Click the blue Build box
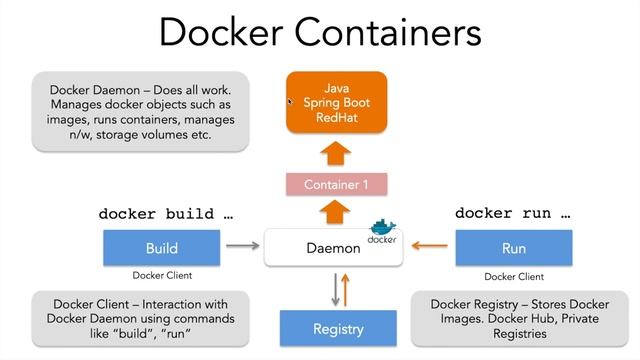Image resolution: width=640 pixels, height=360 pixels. (x=161, y=248)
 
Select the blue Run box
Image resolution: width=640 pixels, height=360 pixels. (x=514, y=248)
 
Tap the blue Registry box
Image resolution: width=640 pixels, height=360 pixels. (x=337, y=327)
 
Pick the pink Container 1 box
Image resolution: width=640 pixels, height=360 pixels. (x=337, y=184)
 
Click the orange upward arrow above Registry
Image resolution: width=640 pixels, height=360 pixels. (x=345, y=288)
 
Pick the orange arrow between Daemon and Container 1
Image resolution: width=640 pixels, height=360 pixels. (x=337, y=212)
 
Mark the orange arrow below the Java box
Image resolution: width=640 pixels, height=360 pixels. (x=337, y=153)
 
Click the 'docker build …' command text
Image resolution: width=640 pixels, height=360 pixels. (x=165, y=214)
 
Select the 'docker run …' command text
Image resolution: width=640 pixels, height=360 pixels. (x=512, y=213)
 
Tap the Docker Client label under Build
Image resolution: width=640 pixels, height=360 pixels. (x=162, y=276)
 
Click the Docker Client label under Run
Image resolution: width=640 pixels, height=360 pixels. (x=514, y=276)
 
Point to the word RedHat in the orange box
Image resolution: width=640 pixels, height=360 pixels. (x=337, y=118)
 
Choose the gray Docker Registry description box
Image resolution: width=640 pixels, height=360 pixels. (x=519, y=318)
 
